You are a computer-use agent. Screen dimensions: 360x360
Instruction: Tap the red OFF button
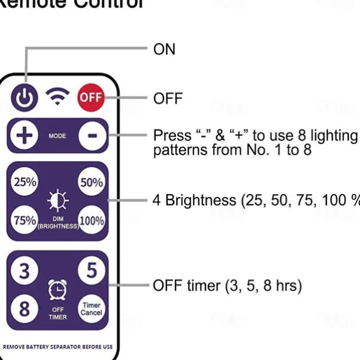coord(90,97)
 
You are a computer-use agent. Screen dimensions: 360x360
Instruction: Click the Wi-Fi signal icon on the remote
coord(57,96)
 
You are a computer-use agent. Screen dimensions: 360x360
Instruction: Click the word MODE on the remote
coord(57,136)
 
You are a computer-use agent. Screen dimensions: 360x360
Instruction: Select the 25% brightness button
coord(25,182)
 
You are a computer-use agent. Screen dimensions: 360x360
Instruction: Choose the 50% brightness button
coord(91,182)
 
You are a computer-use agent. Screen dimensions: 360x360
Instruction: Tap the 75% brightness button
coord(25,220)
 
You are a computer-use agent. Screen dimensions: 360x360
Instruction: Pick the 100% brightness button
coord(91,220)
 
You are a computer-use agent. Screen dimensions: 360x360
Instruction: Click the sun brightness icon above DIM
coord(57,201)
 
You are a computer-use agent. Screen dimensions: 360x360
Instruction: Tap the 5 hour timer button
coord(91,271)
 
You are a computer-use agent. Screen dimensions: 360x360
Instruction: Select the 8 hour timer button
coord(25,309)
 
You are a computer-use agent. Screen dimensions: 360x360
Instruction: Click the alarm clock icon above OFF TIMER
coord(57,289)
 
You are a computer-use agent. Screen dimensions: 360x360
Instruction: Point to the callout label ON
coord(164,49)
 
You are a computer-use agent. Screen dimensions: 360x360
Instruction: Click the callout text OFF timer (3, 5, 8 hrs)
coord(227,286)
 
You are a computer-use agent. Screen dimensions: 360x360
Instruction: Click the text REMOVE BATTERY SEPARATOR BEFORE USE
coord(58,347)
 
